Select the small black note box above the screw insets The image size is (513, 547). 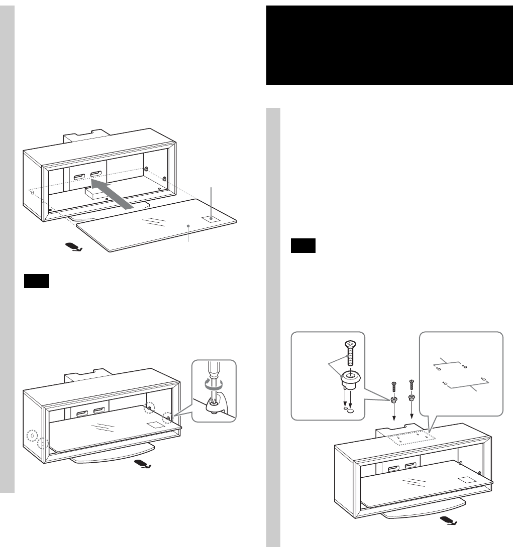pyautogui.click(x=303, y=247)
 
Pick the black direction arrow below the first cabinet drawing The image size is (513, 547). pyautogui.click(x=73, y=246)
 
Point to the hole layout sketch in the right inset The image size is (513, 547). pyautogui.click(x=460, y=373)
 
